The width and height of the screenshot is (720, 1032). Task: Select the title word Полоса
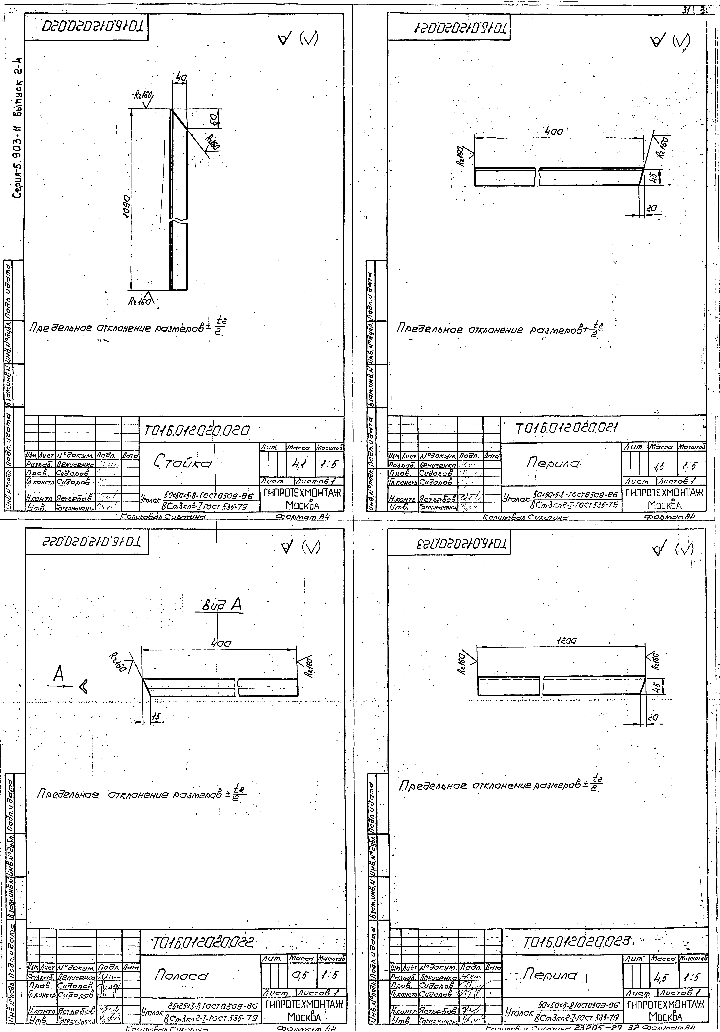coord(182,974)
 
